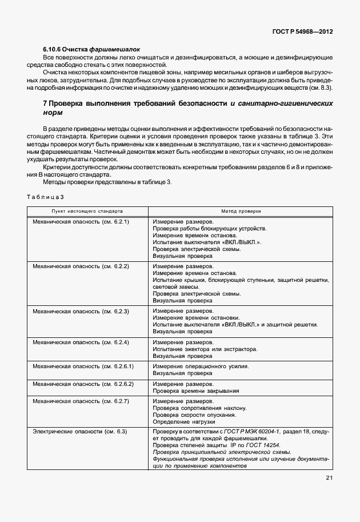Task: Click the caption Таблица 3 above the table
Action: tap(46, 197)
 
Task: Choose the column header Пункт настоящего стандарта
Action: tap(87, 211)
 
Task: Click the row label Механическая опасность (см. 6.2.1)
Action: tap(81, 221)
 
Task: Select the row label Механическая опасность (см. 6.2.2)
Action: tap(81, 266)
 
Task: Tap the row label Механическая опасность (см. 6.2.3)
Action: tap(81, 311)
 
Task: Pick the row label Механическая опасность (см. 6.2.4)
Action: tap(81, 342)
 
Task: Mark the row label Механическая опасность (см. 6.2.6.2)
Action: tap(83, 384)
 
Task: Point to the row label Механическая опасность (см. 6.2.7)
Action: tap(81, 401)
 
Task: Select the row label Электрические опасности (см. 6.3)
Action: tap(79, 431)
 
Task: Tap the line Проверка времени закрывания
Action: tap(195, 391)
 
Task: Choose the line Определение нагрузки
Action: tap(182, 422)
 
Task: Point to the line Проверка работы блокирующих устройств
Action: tap(209, 228)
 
